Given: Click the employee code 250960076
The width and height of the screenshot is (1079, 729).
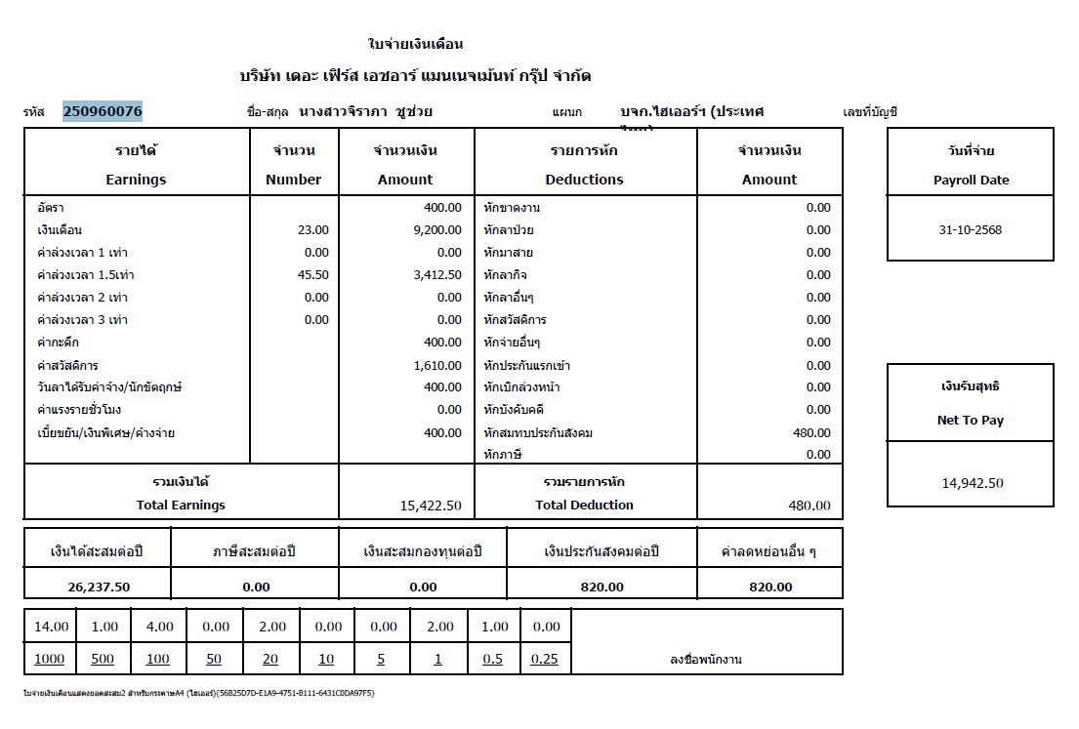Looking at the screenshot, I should click(x=103, y=111).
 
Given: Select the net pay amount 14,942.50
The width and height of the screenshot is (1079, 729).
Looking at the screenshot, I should click(x=971, y=483).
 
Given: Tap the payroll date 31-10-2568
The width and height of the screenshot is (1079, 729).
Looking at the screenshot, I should click(x=971, y=230).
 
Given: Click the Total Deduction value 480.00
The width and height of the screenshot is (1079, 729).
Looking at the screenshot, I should click(x=809, y=506).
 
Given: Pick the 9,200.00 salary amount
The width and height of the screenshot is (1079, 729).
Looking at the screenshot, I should click(x=436, y=230).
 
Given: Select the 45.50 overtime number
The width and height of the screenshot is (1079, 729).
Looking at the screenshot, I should click(x=312, y=275).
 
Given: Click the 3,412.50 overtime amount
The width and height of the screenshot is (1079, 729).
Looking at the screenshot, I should click(x=436, y=275).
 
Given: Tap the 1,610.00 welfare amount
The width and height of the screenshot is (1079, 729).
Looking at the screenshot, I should click(x=436, y=365).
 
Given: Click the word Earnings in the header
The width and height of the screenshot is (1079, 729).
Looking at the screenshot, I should click(x=136, y=180).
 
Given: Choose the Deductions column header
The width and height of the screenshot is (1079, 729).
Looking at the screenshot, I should click(x=584, y=180).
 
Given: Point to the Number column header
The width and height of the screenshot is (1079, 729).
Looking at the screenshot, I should click(x=293, y=180).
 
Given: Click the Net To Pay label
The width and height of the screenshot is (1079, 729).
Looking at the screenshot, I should click(x=971, y=421).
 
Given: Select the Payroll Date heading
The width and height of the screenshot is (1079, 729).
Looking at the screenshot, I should click(x=971, y=180).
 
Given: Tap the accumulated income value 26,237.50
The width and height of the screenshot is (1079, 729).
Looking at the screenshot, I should click(x=99, y=587).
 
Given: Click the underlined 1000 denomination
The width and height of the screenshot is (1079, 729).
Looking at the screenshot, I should click(x=49, y=659).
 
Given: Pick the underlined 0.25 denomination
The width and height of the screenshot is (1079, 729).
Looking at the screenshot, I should click(x=544, y=659).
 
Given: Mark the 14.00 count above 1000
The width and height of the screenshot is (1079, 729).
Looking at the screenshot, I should click(x=51, y=627).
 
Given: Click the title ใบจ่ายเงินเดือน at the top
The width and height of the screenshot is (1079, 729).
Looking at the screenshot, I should click(x=415, y=44).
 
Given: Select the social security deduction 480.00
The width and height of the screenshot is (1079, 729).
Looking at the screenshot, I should click(x=810, y=432).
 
